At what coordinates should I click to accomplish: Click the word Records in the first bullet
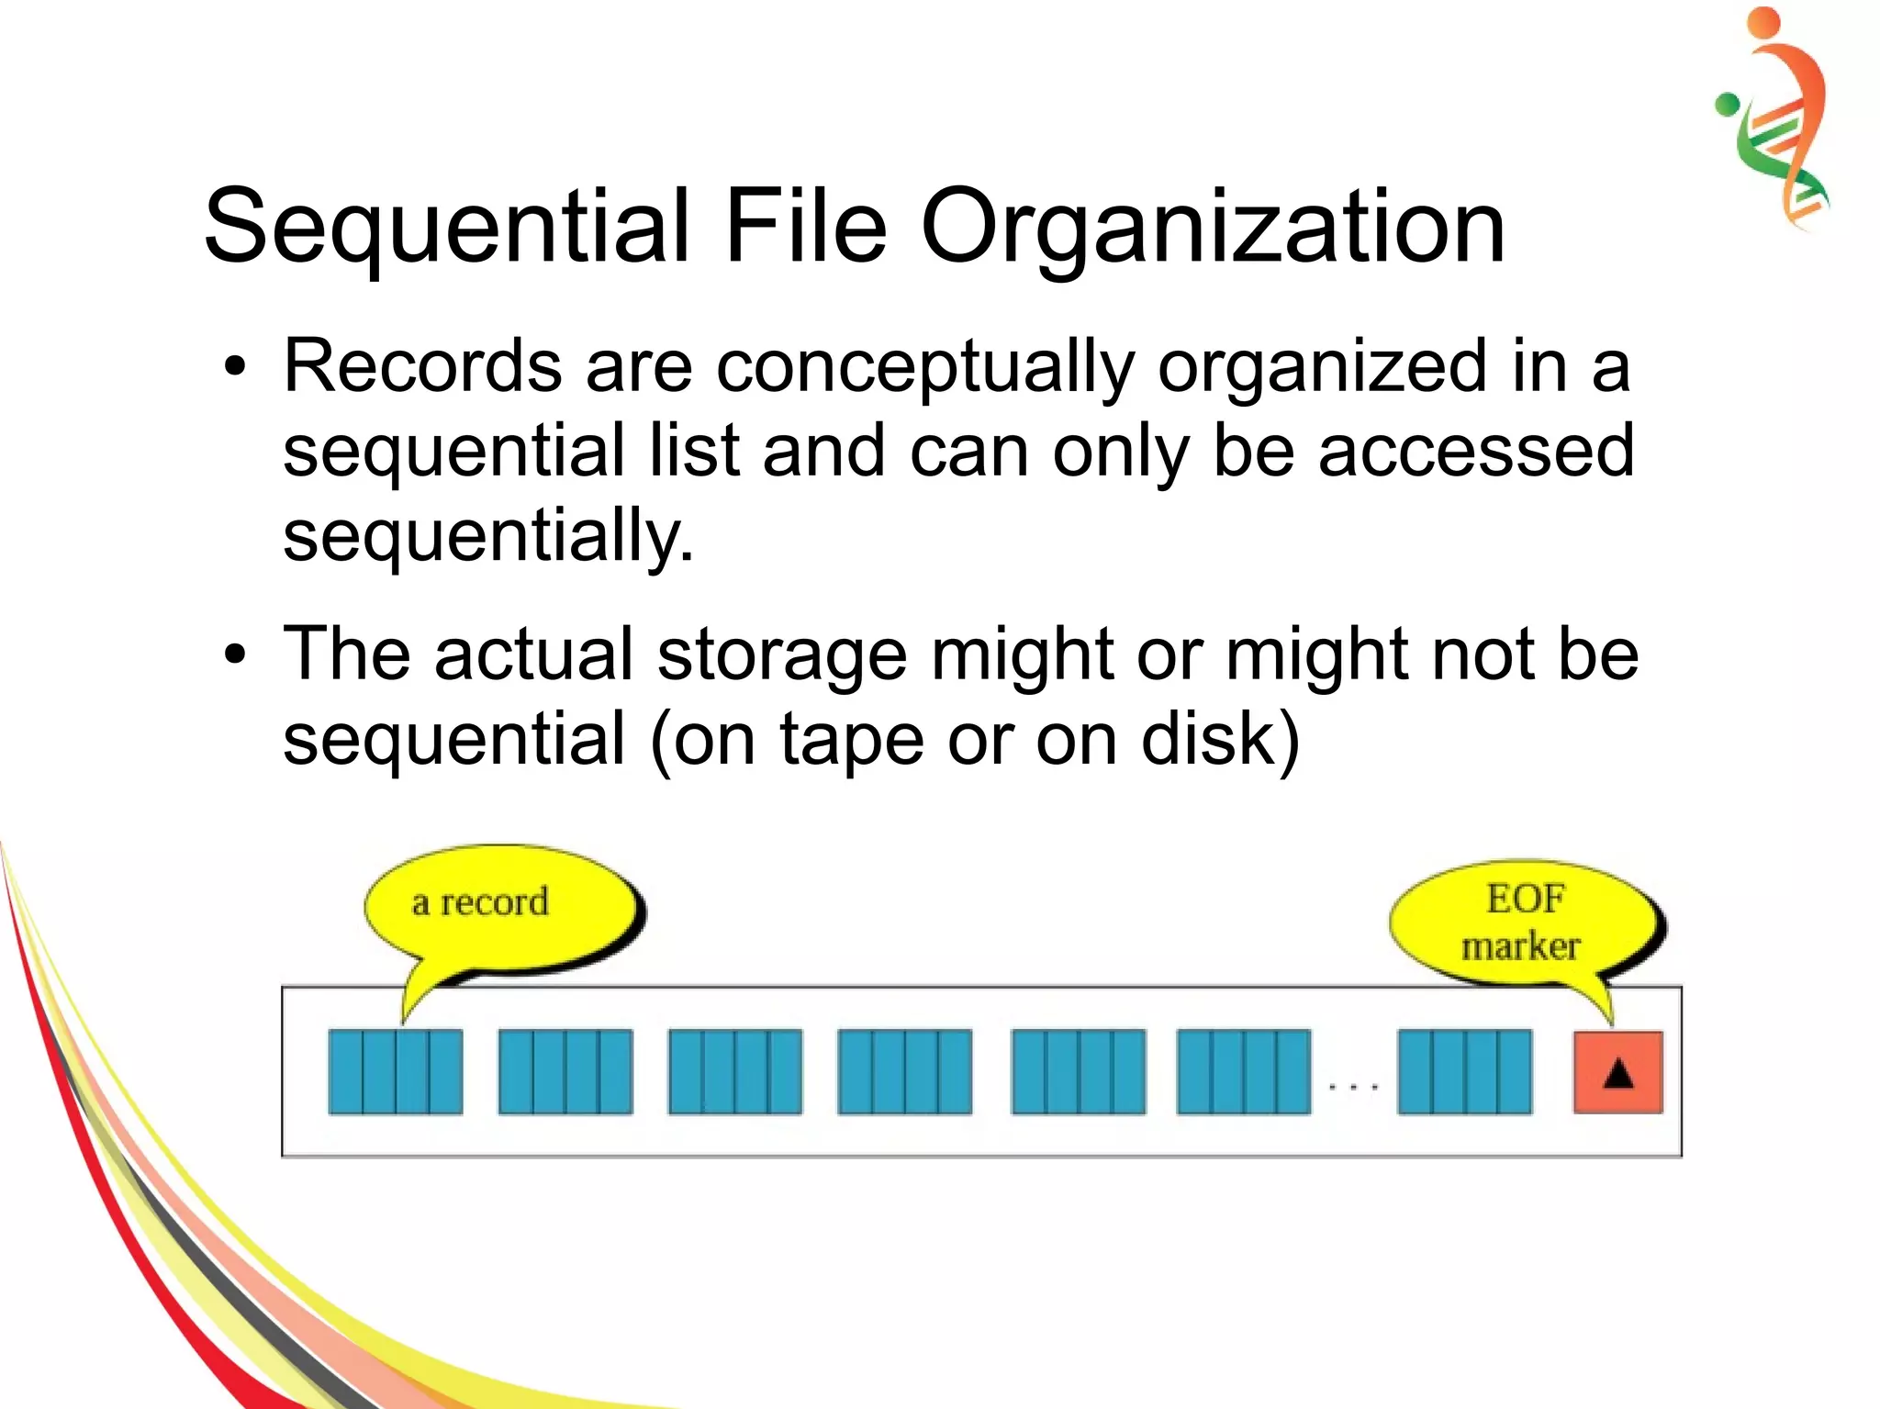(x=422, y=366)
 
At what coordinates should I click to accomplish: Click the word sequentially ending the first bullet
(x=487, y=538)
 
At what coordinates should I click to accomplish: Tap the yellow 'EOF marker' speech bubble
(x=1523, y=923)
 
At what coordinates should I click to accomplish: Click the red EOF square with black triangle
(x=1617, y=1072)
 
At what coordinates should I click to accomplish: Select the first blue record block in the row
(x=396, y=1072)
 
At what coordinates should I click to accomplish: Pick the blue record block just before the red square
(x=1464, y=1072)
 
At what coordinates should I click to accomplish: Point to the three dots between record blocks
(x=1354, y=1088)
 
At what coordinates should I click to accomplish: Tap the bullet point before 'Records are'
(x=236, y=368)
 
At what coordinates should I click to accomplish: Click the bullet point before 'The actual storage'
(x=236, y=655)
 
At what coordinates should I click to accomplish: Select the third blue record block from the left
(x=735, y=1072)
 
